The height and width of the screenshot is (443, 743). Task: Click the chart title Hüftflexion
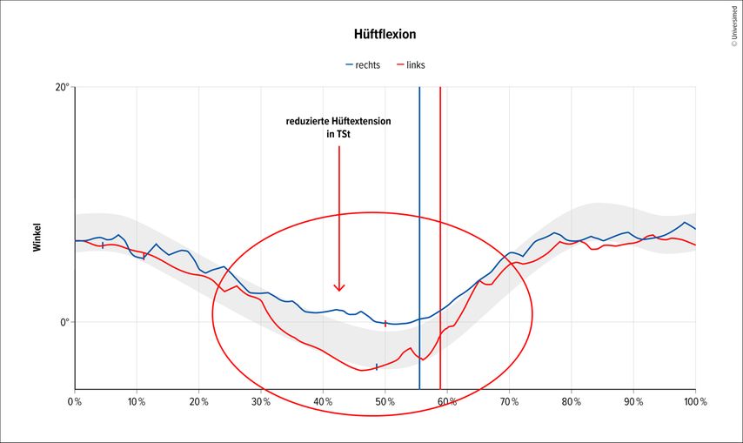[371, 35]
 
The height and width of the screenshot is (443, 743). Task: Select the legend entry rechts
[369, 65]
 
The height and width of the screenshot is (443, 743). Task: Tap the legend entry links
[415, 65]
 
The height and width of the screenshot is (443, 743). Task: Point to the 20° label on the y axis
[62, 88]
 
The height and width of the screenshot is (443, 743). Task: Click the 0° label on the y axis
[64, 322]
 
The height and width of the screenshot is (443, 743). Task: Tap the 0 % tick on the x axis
[75, 402]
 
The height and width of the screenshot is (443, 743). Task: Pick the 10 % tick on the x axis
[137, 402]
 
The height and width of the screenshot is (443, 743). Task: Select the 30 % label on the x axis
[261, 402]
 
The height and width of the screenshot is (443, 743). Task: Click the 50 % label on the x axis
[385, 402]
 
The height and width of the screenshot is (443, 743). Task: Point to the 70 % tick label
[509, 402]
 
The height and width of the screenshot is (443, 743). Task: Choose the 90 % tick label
[633, 402]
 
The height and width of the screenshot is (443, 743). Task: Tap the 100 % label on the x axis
[695, 402]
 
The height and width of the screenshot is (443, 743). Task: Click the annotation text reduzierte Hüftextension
[338, 121]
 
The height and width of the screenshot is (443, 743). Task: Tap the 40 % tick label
[323, 402]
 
